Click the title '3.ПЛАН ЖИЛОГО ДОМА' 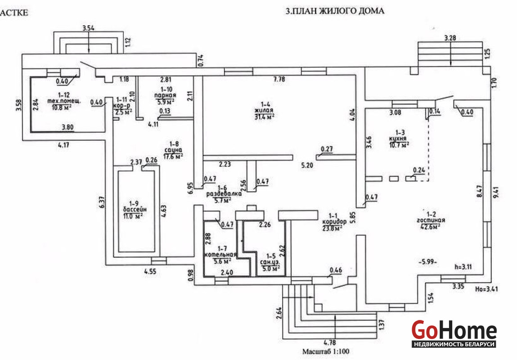[x=335, y=11]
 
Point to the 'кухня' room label [x=399, y=139]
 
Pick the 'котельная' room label [x=218, y=255]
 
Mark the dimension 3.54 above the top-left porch [x=89, y=29]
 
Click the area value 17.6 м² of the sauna [x=173, y=157]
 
